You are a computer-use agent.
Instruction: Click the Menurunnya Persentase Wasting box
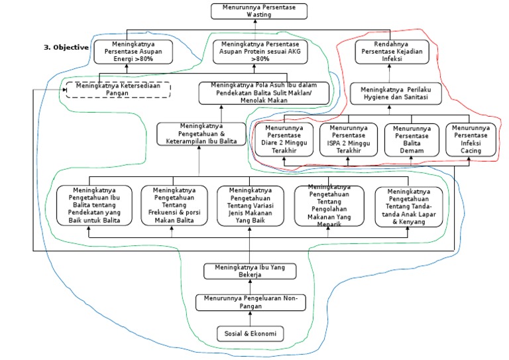pyautogui.click(x=259, y=11)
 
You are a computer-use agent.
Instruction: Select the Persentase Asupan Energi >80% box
pyautogui.click(x=133, y=52)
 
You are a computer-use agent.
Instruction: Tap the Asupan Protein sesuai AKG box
pyautogui.click(x=260, y=52)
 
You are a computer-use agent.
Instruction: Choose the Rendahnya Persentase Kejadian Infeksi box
pyautogui.click(x=392, y=52)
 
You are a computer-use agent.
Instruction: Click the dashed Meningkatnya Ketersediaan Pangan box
pyautogui.click(x=118, y=90)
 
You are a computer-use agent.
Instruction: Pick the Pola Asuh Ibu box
pyautogui.click(x=264, y=93)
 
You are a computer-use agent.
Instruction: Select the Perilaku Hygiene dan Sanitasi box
pyautogui.click(x=396, y=93)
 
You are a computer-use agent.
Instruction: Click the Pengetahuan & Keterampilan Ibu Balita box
pyautogui.click(x=201, y=134)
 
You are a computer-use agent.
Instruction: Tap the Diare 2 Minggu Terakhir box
pyautogui.click(x=284, y=139)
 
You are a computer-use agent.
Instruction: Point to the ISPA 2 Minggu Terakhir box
pyautogui.click(x=349, y=139)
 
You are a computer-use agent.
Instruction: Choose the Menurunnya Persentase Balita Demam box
pyautogui.click(x=412, y=140)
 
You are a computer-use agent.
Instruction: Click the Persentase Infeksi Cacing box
pyautogui.click(x=471, y=139)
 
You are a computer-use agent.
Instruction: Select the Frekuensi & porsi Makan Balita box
pyautogui.click(x=174, y=205)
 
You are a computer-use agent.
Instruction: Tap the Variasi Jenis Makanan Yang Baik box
pyautogui.click(x=251, y=206)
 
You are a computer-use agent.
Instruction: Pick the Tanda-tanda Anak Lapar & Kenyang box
pyautogui.click(x=409, y=207)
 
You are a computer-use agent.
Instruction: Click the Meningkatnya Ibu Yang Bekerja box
pyautogui.click(x=250, y=271)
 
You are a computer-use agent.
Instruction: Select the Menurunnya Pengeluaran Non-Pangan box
pyautogui.click(x=251, y=302)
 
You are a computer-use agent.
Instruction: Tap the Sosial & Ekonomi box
pyautogui.click(x=251, y=333)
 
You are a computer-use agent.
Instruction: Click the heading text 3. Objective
pyautogui.click(x=66, y=47)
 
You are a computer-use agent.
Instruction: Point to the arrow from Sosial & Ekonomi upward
pyautogui.click(x=250, y=318)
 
